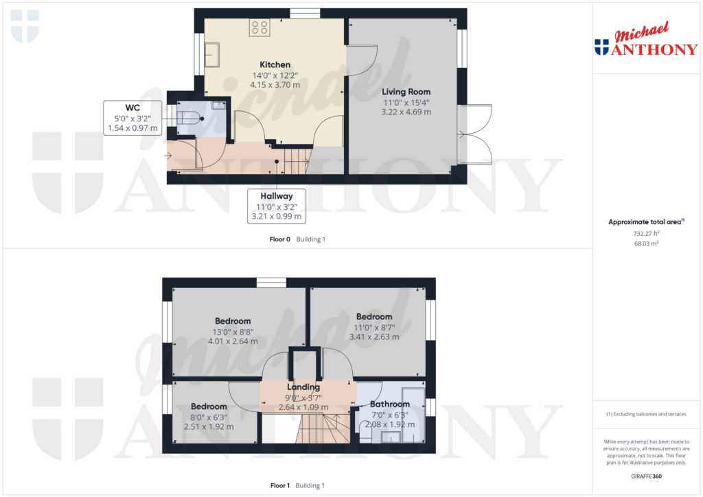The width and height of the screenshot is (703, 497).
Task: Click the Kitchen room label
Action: point(275,64)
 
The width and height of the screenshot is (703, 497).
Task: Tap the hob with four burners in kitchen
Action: point(260,27)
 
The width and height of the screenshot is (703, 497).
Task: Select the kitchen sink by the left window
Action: point(210,53)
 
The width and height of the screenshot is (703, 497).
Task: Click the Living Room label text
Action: point(406,91)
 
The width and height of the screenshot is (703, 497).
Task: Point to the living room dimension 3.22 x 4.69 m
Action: point(406,112)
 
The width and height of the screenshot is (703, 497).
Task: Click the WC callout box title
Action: point(132,108)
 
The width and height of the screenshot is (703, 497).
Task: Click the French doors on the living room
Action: point(477,135)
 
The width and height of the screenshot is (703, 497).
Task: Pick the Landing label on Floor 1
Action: point(303,387)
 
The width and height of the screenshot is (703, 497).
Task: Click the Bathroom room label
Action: point(389,404)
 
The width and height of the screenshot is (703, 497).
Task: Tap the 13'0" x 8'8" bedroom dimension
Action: point(233,331)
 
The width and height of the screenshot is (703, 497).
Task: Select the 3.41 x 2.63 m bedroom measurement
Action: point(373,337)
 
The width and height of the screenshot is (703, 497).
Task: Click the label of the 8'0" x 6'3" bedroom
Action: point(209,407)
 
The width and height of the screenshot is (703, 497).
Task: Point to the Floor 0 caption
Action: point(279,239)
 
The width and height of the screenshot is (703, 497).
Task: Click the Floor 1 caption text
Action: point(279,485)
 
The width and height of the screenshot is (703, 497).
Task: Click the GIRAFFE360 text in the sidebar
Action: point(647,476)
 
